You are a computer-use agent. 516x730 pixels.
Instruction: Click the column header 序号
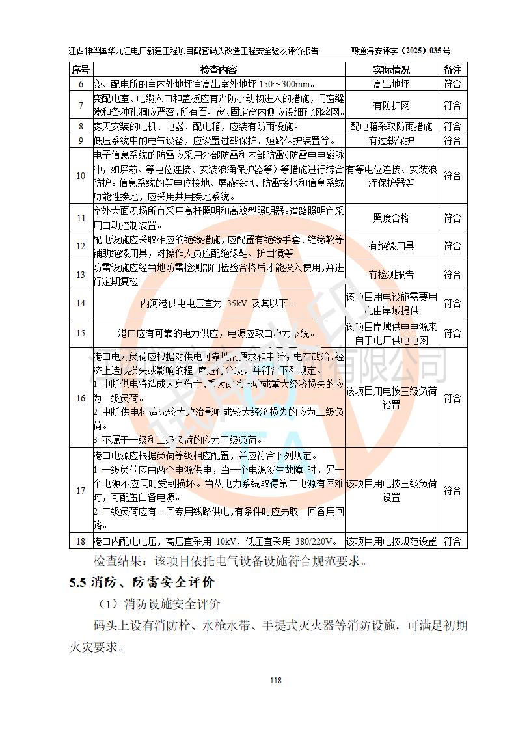pos(81,70)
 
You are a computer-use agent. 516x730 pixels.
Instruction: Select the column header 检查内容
pos(219,70)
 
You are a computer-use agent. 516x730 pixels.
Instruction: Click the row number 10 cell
pos(81,176)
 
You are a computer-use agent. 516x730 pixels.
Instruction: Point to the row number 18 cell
pos(81,541)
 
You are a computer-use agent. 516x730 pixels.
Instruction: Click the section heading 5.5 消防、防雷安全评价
pos(142,582)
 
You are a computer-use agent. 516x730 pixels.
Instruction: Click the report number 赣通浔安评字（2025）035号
pos(401,51)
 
